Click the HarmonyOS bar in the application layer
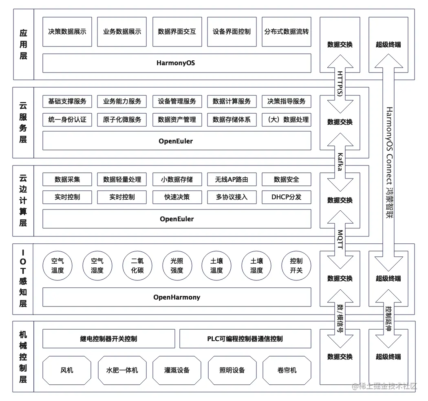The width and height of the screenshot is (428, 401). pos(176,63)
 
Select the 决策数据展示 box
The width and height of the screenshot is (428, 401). pos(67,31)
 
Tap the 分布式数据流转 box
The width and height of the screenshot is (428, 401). pos(286,31)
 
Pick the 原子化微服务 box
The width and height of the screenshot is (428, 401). pos(122,119)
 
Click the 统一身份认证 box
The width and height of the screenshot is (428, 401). pos(67,119)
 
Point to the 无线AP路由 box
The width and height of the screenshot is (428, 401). pos(232,179)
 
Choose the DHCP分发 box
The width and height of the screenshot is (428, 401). pos(286,197)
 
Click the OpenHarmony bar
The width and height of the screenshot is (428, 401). pos(176,297)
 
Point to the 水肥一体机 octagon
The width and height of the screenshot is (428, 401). pos(122,370)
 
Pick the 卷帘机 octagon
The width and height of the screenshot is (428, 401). pos(287,370)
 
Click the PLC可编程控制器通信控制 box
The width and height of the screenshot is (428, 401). pos(245,339)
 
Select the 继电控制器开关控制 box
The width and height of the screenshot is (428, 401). pos(108,339)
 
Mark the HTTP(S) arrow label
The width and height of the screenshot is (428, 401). pos(340,84)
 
